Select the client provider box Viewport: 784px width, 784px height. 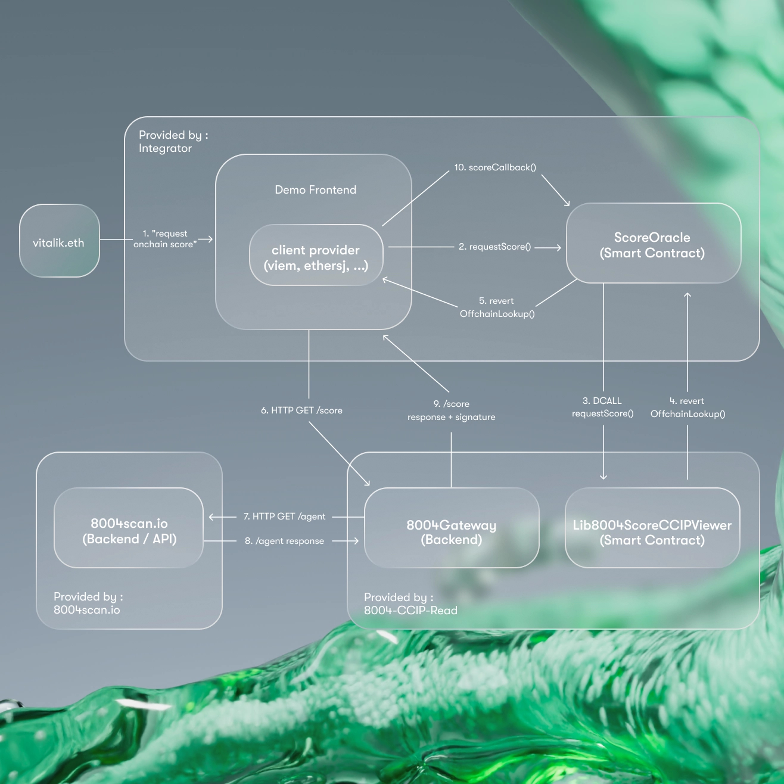coord(316,257)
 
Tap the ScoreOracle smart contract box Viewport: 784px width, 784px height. coord(652,245)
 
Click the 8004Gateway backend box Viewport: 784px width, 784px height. coord(451,532)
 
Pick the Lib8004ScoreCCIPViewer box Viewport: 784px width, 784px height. coord(652,532)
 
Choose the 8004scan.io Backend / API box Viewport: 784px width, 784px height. coord(129,531)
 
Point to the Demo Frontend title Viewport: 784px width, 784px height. coord(315,189)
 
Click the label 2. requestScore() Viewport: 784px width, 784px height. coord(494,247)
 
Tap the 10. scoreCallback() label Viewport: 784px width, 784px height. coord(495,167)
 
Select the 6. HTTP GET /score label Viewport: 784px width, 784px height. coord(301,410)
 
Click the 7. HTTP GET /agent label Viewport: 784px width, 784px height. coord(284,517)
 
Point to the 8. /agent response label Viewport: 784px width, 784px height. coord(284,541)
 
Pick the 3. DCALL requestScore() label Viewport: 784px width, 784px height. coord(602,407)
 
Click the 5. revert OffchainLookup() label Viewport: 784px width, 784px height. coord(497,307)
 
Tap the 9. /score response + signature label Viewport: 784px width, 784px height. coord(451,410)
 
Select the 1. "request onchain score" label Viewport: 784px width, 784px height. coord(164,239)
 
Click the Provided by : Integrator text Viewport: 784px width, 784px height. coord(173,142)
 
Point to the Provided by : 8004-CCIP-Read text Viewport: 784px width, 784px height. coord(410,603)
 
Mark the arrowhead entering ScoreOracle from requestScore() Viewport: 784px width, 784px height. coord(558,247)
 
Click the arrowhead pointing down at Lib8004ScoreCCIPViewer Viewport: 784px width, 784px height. coord(603,476)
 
